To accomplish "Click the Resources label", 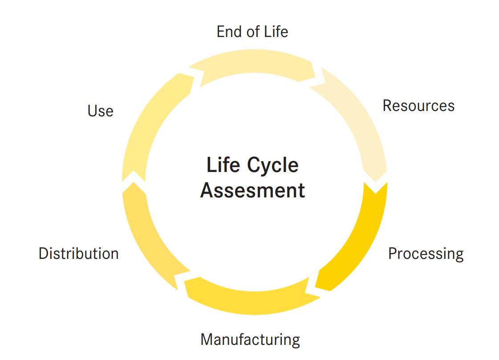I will coord(418,106).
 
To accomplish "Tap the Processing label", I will coord(426,254).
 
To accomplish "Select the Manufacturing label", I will coord(250,340).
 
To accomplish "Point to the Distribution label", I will coord(79,254).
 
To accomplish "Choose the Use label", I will coord(101,111).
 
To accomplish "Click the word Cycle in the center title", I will coord(273,165).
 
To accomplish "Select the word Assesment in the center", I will coord(252,190).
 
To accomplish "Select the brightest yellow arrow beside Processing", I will coord(356,241).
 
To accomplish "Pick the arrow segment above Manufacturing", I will coord(249,296).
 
